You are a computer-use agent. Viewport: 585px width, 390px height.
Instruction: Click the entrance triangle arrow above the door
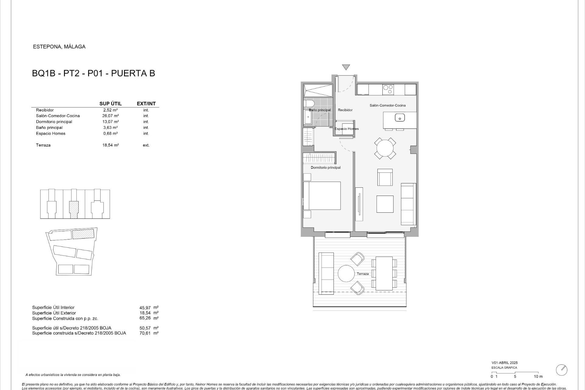pos(346,67)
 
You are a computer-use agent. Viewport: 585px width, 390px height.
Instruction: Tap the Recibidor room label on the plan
pos(345,110)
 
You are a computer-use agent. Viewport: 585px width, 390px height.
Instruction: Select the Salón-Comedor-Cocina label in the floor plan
pos(388,105)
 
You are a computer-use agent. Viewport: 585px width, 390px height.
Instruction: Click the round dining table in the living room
pos(385,148)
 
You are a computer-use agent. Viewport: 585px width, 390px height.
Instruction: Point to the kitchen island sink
pos(399,117)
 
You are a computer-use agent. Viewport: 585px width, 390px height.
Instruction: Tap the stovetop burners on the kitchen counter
pos(388,89)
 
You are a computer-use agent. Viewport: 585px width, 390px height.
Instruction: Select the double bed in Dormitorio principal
pos(322,196)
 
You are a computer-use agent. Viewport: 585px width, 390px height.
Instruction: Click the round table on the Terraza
pos(346,274)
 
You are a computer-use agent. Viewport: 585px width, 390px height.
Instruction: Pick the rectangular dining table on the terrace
pos(384,273)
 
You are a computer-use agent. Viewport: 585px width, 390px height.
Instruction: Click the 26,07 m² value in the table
pos(110,116)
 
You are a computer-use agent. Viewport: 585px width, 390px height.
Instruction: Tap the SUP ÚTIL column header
pos(110,104)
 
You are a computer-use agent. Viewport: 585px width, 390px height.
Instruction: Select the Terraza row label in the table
pos(43,145)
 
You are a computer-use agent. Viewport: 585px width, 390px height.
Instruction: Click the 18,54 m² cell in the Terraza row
pos(110,145)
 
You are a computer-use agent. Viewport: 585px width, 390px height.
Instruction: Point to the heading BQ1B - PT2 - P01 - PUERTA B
pos(94,73)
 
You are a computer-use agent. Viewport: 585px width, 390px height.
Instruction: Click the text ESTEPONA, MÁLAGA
pos(59,47)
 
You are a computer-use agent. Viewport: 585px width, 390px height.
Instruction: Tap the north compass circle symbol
pos(562,370)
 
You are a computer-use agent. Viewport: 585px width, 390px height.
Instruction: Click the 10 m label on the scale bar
pos(538,377)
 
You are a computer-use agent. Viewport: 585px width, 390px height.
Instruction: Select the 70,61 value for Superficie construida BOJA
pos(145,333)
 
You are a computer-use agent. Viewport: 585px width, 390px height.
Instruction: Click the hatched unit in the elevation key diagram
pos(74,210)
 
